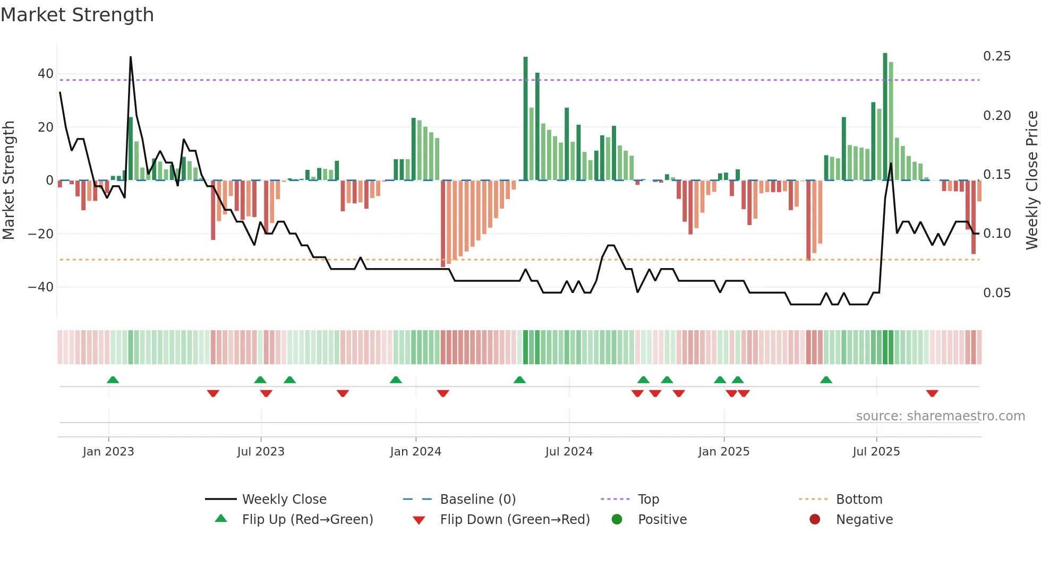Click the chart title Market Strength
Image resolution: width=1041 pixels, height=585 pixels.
77,15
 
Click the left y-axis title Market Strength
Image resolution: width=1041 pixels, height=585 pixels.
9,180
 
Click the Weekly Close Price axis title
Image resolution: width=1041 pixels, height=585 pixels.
1031,180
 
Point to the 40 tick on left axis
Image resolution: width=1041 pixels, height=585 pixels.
46,74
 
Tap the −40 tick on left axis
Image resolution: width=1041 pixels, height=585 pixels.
41,287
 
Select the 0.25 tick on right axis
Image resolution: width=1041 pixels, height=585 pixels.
996,56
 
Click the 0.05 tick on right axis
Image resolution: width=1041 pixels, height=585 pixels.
996,293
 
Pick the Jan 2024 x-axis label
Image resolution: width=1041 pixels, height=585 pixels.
415,452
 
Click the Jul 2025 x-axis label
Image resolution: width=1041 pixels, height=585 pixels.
876,452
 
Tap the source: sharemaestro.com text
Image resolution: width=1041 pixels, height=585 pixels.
940,416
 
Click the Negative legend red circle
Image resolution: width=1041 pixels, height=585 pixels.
815,520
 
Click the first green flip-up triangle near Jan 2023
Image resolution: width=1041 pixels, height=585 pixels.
113,380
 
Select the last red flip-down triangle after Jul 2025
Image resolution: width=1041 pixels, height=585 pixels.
932,393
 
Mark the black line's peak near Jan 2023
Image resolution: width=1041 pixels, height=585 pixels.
131,57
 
